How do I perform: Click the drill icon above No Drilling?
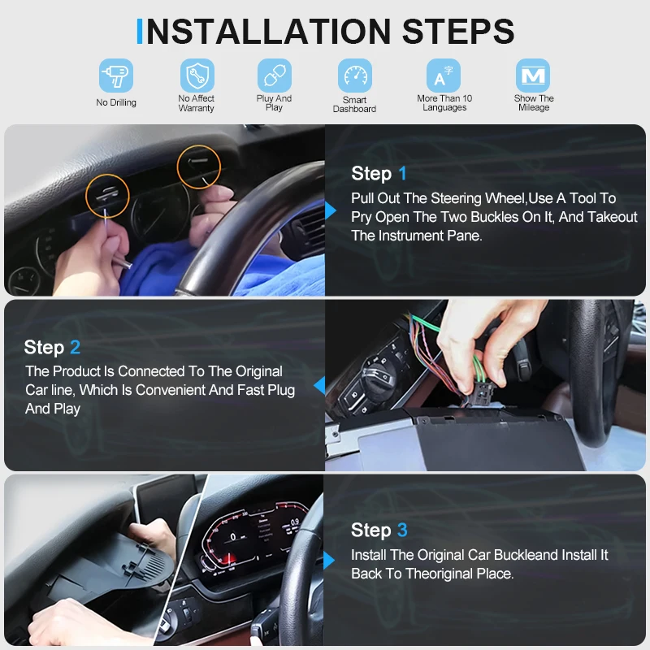coord(116,76)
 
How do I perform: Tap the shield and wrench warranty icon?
coord(197,76)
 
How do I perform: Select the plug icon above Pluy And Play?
coord(275,76)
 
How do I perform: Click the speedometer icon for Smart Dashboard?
coord(355,76)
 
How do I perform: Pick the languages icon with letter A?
coord(444,76)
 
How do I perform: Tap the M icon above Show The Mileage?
coord(533,76)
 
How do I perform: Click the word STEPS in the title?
coord(458,31)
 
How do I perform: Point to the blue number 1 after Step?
coord(402,173)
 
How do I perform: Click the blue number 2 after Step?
coord(75,347)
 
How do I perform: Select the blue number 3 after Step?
coord(402,530)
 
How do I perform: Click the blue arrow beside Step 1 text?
coord(331,210)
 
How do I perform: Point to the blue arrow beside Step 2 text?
coord(319,385)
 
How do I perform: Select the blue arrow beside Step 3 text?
coord(329,561)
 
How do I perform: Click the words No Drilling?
coord(116,102)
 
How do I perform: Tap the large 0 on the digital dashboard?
coord(233,537)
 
